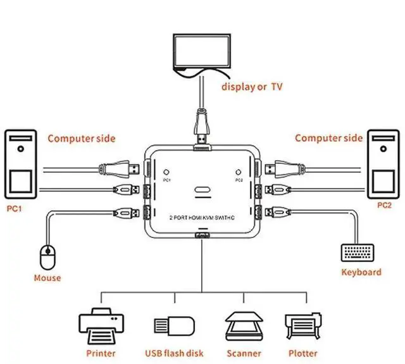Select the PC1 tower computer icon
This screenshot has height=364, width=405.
click(21, 164)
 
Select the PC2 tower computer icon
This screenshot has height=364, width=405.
click(384, 164)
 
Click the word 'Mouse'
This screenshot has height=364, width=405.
click(47, 278)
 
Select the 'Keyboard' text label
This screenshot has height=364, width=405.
click(361, 272)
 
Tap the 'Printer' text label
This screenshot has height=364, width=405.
click(101, 353)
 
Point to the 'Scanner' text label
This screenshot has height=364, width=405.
click(244, 353)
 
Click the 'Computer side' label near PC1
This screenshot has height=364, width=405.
click(82, 138)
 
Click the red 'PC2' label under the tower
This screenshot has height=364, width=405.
click(384, 205)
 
